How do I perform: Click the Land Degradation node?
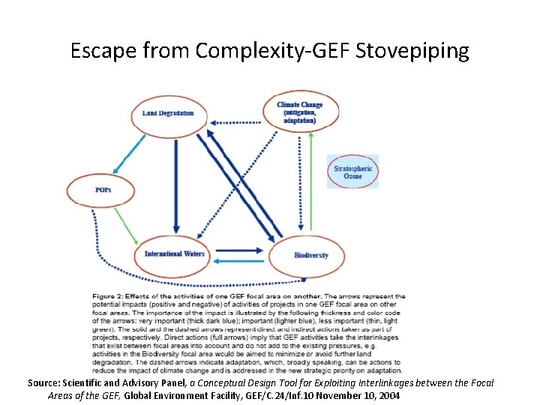pyautogui.click(x=168, y=113)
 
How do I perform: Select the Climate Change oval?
pyautogui.click(x=301, y=112)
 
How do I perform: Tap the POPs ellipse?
pyautogui.click(x=103, y=190)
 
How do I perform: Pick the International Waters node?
pyautogui.click(x=174, y=253)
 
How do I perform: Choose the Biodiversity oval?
pyautogui.click(x=310, y=255)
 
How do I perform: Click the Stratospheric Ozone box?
pyautogui.click(x=352, y=172)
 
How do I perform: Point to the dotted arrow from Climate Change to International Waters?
pyautogui.click(x=240, y=187)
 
